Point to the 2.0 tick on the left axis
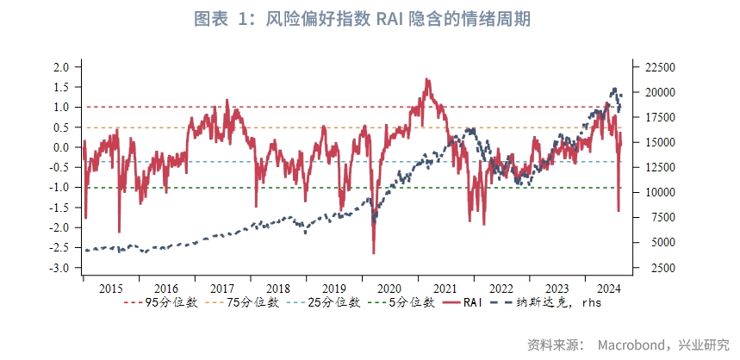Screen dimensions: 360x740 pos(61,67)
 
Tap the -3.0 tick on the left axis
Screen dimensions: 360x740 pos(59,269)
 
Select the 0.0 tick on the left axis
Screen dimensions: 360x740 pos(61,147)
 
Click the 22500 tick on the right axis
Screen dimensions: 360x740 pos(656,67)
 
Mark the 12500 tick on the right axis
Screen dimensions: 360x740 pos(656,168)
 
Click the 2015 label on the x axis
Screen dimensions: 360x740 pos(110,289)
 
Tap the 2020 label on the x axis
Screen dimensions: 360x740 pos(389,289)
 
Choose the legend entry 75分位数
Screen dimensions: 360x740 pos(252,303)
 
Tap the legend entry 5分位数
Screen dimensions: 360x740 pos(412,303)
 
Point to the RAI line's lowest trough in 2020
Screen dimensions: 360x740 pos(374,252)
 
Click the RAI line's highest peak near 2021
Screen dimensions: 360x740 pos(426,79)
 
